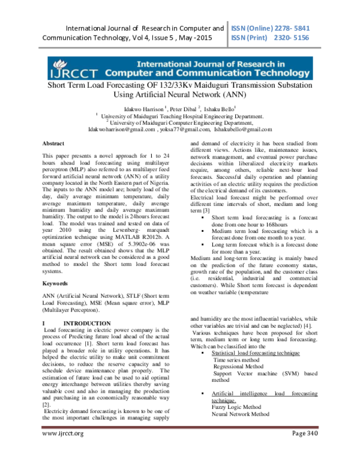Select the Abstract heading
pyautogui.click(x=54, y=144)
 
